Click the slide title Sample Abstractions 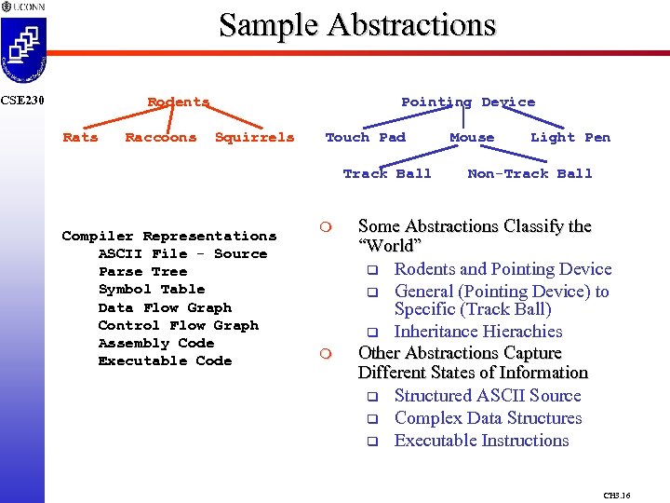(357, 25)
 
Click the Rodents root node (179, 102)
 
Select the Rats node (80, 137)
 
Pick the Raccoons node (161, 137)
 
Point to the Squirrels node (254, 137)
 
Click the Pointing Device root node (468, 102)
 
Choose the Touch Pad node (365, 137)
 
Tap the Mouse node (472, 137)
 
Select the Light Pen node (570, 137)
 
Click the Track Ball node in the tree (387, 173)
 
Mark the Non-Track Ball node (529, 173)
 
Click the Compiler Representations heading (169, 236)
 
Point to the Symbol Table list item (152, 289)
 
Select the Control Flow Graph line (179, 325)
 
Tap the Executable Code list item (165, 360)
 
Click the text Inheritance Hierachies (478, 332)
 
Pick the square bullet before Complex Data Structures (370, 419)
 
